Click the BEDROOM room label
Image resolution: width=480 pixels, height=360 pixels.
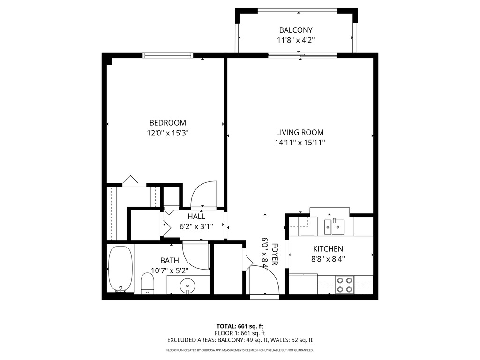pyautogui.click(x=167, y=123)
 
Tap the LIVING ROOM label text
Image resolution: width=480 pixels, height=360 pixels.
pyautogui.click(x=300, y=132)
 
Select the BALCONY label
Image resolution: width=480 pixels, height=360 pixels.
pyautogui.click(x=296, y=30)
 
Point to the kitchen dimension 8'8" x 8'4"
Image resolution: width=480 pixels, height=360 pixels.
pyautogui.click(x=328, y=259)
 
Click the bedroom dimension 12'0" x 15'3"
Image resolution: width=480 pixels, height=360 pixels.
pyautogui.click(x=167, y=133)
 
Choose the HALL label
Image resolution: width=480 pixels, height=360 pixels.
pyautogui.click(x=196, y=217)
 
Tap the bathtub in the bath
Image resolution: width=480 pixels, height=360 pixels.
pyautogui.click(x=120, y=269)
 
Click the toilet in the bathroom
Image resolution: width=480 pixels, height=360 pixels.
pyautogui.click(x=147, y=283)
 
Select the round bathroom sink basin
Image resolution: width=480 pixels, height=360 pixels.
pyautogui.click(x=187, y=286)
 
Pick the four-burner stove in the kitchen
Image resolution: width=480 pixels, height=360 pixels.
pyautogui.click(x=345, y=285)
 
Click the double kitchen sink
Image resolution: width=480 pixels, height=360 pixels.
pyautogui.click(x=334, y=227)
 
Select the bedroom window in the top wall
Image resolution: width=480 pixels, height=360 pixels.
pyautogui.click(x=168, y=55)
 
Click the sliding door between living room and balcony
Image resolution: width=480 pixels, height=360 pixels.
pyautogui.click(x=302, y=55)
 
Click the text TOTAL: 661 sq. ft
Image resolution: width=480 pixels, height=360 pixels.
pyautogui.click(x=240, y=326)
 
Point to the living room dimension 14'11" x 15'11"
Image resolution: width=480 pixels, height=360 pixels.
pyautogui.click(x=300, y=142)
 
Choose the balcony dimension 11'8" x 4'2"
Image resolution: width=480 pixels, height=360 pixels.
pyautogui.click(x=296, y=40)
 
